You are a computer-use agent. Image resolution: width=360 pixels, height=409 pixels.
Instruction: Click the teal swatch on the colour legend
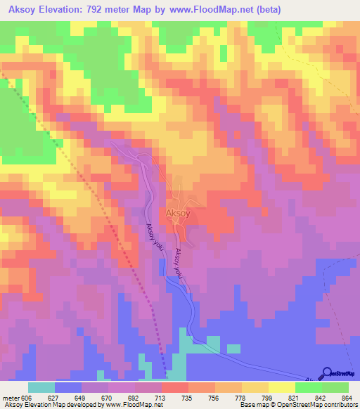point(41,387)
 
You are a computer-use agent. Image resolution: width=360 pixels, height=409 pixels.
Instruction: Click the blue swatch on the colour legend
point(68,387)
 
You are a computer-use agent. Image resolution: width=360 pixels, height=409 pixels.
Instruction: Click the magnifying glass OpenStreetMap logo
point(327,372)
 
